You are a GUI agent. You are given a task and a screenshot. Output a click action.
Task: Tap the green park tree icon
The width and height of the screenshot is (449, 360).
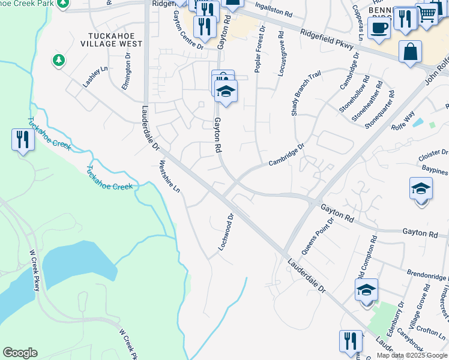(58, 60)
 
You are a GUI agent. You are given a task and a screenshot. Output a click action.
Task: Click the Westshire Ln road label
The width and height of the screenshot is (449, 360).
(169, 176)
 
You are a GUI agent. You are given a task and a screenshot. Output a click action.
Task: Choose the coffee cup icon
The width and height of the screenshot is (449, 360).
(379, 28)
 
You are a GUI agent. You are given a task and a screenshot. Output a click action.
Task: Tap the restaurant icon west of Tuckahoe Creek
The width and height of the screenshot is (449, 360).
(22, 140)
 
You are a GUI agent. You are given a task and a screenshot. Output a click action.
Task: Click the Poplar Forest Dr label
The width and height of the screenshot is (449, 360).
(259, 50)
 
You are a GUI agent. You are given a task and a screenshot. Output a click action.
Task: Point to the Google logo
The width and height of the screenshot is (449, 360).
(20, 353)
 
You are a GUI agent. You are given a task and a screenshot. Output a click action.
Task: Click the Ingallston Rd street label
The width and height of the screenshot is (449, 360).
(274, 9)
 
